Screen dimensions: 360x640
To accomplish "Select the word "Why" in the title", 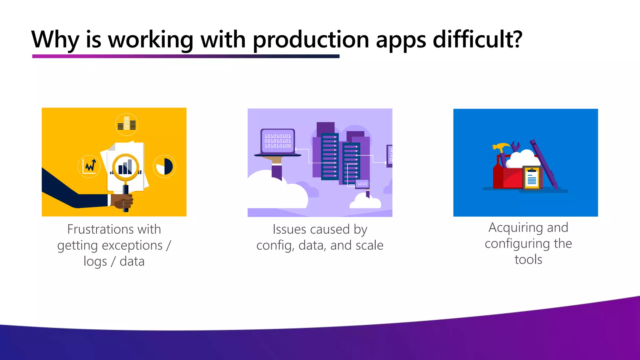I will (x=55, y=40).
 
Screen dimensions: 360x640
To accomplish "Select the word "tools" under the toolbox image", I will (x=528, y=260).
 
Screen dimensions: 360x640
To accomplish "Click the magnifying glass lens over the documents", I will (x=125, y=167).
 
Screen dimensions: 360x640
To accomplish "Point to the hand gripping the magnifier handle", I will (x=124, y=201).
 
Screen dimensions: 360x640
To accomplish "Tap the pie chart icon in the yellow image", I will (x=164, y=166).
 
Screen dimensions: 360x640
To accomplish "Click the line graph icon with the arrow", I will (x=89, y=166).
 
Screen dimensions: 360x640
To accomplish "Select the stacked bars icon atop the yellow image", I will (x=127, y=124).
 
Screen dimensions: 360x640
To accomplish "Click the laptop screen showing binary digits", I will (x=277, y=141).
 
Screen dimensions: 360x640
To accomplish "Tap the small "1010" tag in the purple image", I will (x=362, y=184).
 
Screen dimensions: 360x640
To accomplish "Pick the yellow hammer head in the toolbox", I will (x=500, y=147).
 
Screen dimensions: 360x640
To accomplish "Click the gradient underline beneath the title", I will (x=186, y=56).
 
